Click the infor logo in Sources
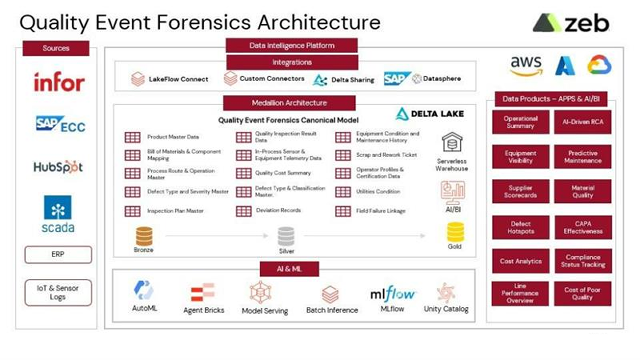[x=59, y=82]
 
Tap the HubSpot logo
[x=58, y=167]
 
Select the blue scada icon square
[x=58, y=207]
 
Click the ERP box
[x=58, y=254]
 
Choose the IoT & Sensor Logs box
[x=58, y=292]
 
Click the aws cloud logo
[x=526, y=66]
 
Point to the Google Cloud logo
[x=599, y=65]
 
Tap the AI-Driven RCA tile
[x=582, y=122]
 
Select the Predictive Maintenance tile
[x=582, y=157]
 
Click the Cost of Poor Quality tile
[x=582, y=294]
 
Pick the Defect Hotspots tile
[x=520, y=227]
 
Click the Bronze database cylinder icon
[x=144, y=236]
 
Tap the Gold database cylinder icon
[x=455, y=232]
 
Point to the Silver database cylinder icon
[x=286, y=236]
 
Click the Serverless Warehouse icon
[x=452, y=142]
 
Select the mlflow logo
[x=392, y=294]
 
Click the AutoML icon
[x=144, y=290]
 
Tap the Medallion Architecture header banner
[x=289, y=103]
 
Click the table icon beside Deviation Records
[x=244, y=211]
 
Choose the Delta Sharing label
[x=352, y=80]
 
